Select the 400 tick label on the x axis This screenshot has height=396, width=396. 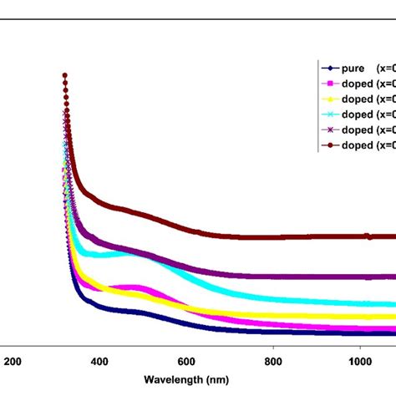tap(99, 361)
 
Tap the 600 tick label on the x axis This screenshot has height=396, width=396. tap(186, 361)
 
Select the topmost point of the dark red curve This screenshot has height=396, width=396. tap(64, 76)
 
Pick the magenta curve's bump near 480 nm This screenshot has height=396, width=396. tap(134, 288)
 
